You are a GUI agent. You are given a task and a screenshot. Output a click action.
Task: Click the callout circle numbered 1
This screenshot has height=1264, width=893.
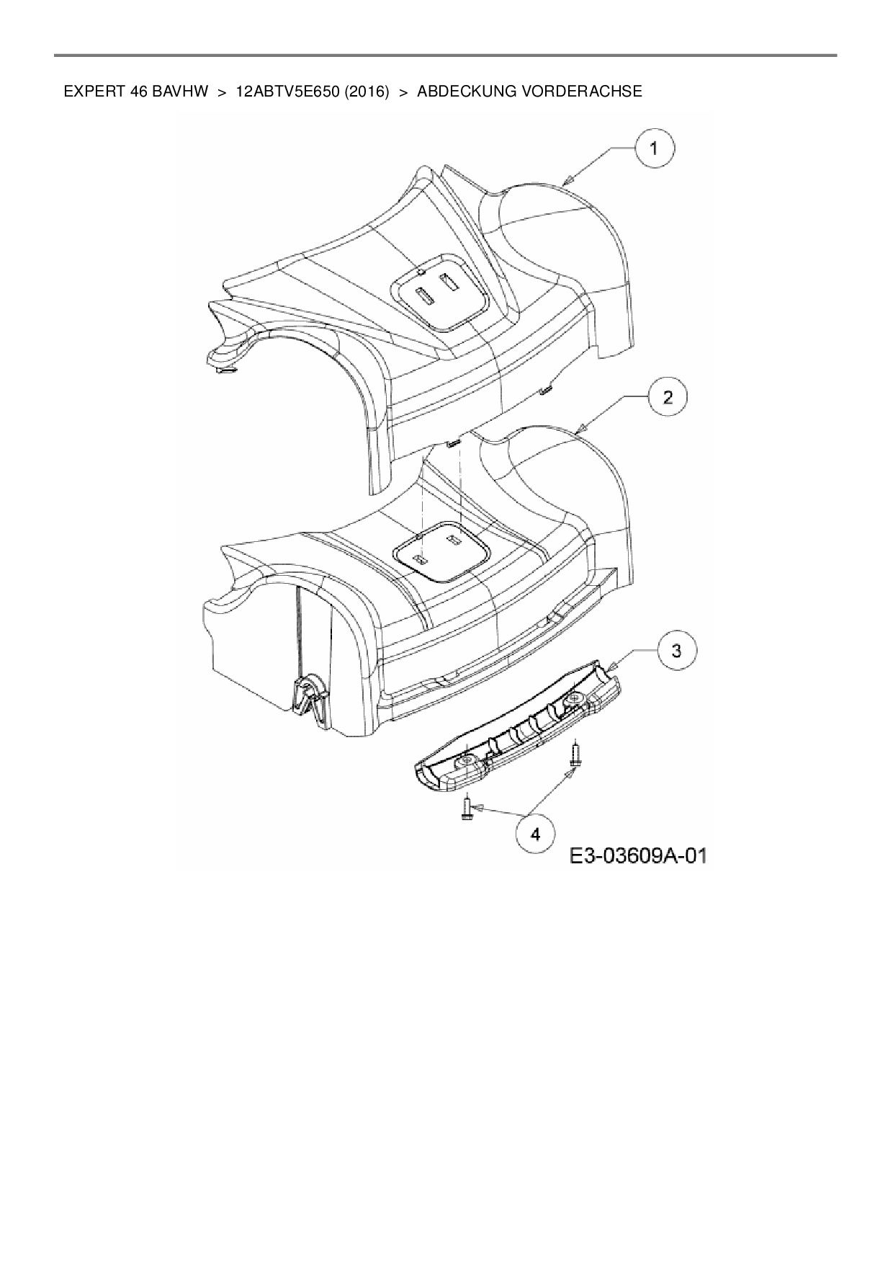[654, 149]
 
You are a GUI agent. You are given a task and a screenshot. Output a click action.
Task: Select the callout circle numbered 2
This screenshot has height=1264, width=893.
[668, 397]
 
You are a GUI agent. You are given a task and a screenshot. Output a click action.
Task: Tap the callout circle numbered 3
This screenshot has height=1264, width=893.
[676, 651]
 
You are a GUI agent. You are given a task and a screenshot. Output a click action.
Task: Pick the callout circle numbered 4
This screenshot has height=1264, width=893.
[535, 834]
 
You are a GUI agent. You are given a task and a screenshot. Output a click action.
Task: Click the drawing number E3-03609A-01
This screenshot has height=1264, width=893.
[638, 856]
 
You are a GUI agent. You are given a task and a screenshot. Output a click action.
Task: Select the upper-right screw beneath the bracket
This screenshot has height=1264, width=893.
[575, 754]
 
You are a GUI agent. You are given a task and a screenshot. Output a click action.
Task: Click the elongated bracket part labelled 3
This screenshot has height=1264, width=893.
[519, 735]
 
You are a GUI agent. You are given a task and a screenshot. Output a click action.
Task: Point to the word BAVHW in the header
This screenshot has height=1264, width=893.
[180, 92]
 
